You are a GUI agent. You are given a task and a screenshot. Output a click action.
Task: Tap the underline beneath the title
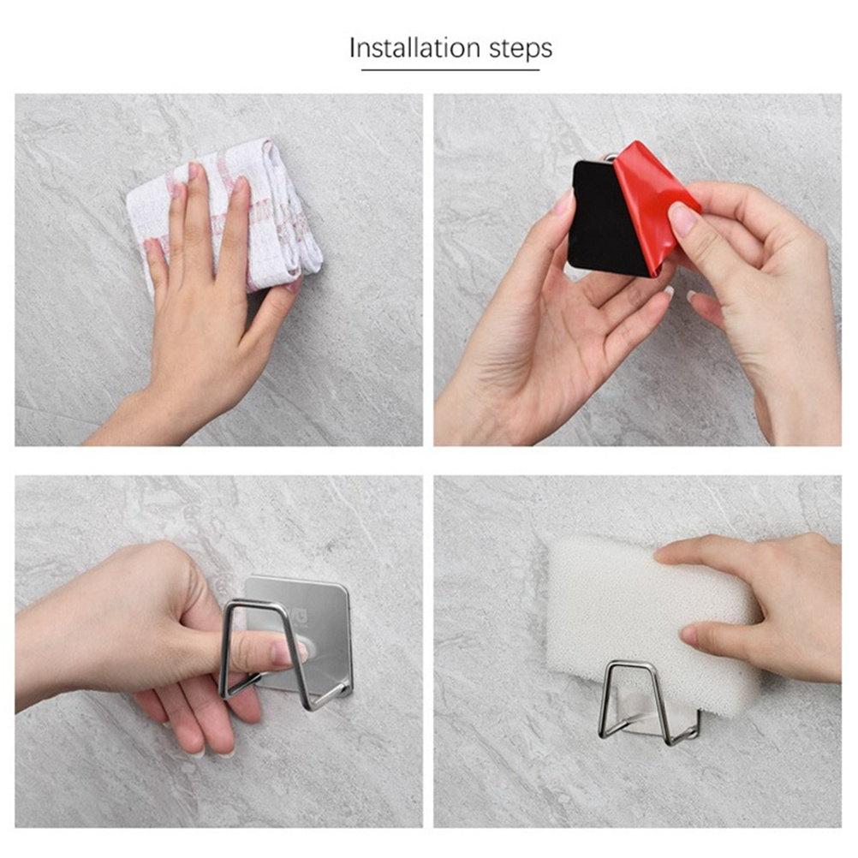coord(450,69)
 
